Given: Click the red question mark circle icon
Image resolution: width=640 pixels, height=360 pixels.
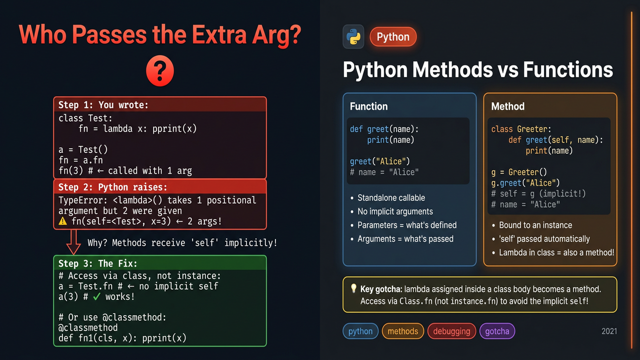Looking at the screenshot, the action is (x=159, y=71).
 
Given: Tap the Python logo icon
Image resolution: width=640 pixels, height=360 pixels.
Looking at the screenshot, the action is (x=353, y=37).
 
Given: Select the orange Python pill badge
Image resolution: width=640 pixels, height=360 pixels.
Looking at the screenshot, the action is (x=393, y=37).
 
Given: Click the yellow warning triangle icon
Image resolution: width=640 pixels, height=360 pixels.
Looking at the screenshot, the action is (x=62, y=221).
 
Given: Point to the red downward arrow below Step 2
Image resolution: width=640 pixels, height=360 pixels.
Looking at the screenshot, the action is (x=73, y=242).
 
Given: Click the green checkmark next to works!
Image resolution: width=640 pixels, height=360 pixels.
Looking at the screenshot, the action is (x=96, y=297).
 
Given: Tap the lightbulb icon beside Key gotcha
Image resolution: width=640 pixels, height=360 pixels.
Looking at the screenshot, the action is (x=353, y=288).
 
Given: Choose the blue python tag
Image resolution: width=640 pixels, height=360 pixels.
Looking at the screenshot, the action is (x=360, y=331).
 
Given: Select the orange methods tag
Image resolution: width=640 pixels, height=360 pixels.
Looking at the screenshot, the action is (x=403, y=331).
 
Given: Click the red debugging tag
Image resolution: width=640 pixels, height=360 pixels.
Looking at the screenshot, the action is (x=451, y=331).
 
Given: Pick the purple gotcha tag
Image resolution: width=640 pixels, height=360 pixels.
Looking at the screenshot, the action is (x=497, y=331).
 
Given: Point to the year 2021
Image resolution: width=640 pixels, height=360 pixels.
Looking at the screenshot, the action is (x=609, y=331).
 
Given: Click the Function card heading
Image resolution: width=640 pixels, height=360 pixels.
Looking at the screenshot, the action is (x=369, y=106).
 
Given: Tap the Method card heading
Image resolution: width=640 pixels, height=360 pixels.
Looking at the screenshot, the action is (x=507, y=106).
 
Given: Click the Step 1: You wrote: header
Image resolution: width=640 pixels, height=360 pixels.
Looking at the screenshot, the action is (x=103, y=105).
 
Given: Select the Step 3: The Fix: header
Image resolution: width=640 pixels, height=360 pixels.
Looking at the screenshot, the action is (x=97, y=263).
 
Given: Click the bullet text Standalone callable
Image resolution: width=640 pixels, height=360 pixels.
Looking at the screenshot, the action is (x=391, y=197).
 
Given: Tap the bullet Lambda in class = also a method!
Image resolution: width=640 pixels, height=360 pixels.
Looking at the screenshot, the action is (x=556, y=252).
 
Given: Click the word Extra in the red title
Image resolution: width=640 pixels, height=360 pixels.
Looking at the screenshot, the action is (x=219, y=35).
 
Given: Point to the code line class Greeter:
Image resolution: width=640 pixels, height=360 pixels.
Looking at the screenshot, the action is (x=521, y=129).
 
